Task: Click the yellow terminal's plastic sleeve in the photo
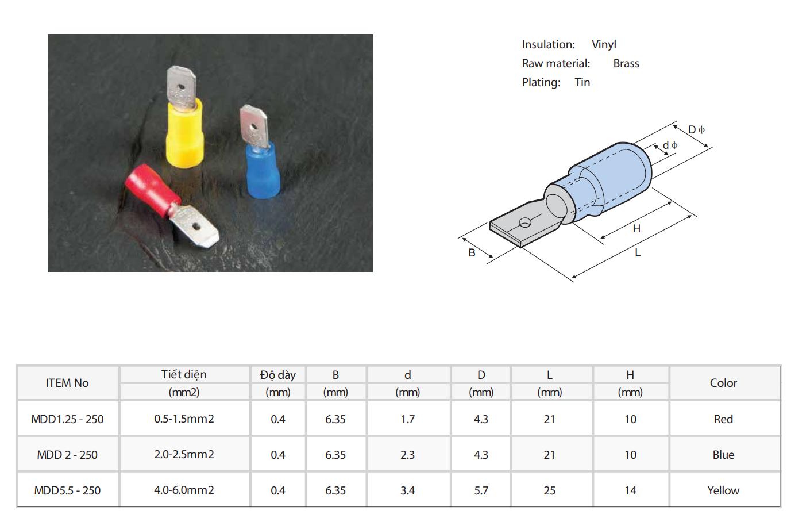click(184, 133)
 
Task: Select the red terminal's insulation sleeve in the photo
click(152, 190)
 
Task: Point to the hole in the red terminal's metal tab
click(196, 227)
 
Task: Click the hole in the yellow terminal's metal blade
click(182, 86)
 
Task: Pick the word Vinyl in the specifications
click(604, 45)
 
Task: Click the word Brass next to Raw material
click(626, 64)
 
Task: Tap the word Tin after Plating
click(582, 82)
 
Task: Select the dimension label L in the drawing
click(638, 252)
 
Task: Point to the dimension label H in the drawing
click(636, 229)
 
